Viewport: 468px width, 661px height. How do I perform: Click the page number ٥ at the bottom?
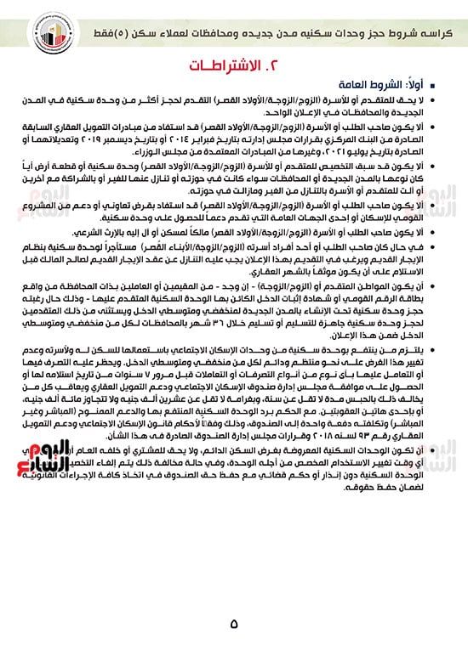tap(233, 624)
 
